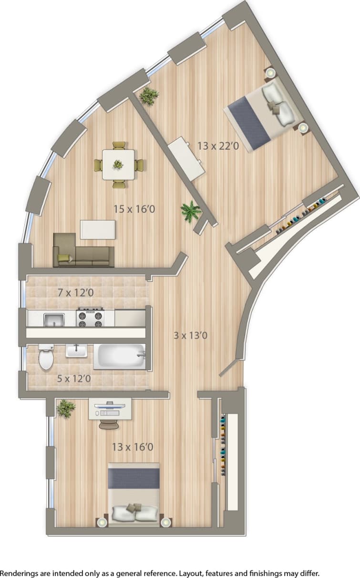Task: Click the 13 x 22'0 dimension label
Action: coord(217,145)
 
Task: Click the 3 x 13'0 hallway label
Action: coord(190,335)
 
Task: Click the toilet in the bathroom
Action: coord(46,358)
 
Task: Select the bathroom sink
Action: coord(76,351)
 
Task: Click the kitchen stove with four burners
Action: coord(91,317)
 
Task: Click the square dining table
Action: coord(118,165)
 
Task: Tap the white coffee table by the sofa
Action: coord(98,229)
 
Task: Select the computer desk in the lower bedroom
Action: coord(110,410)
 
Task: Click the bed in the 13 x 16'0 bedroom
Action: coord(134,494)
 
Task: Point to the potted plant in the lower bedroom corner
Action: coord(65,408)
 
